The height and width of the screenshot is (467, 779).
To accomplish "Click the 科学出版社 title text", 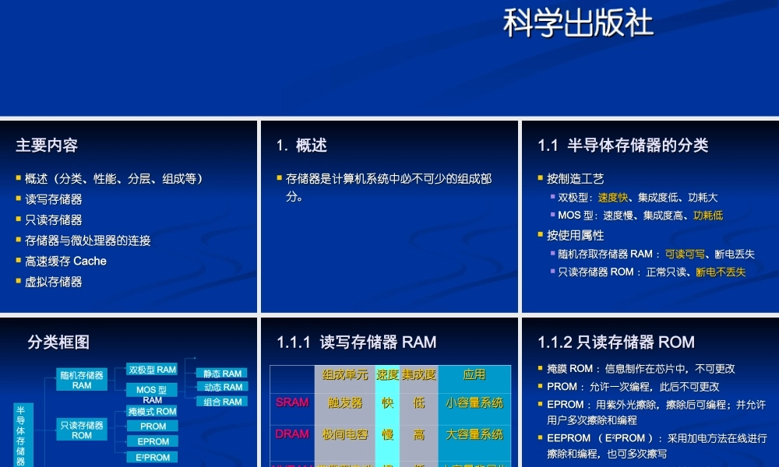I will click(x=577, y=23).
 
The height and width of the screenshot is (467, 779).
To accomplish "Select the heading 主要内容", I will click(x=47, y=146).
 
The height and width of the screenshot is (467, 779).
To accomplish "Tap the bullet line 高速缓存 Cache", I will click(x=65, y=262).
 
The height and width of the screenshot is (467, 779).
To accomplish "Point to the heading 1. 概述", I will click(x=301, y=146).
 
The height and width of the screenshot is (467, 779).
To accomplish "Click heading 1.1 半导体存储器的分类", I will click(x=622, y=146).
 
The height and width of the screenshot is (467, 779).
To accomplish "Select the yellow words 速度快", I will click(x=612, y=198).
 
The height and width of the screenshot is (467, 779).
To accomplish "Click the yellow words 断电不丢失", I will click(x=721, y=272).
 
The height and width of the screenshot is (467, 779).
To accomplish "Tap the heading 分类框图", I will click(x=58, y=342).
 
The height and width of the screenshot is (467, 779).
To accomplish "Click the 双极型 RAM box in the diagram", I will click(x=153, y=370).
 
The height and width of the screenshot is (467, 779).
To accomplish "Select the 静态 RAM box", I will click(x=223, y=374).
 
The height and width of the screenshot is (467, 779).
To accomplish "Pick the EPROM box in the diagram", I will click(x=153, y=441).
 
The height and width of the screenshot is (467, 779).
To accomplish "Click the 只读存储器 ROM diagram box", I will click(x=82, y=430).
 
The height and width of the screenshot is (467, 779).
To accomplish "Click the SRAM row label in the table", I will click(x=292, y=403).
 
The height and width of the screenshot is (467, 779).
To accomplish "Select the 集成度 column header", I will click(x=419, y=375).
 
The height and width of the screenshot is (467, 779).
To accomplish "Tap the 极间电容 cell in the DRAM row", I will click(x=345, y=434).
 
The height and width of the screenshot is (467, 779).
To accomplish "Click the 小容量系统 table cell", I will click(x=474, y=403).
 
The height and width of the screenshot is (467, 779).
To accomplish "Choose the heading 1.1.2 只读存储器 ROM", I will click(x=615, y=342).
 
